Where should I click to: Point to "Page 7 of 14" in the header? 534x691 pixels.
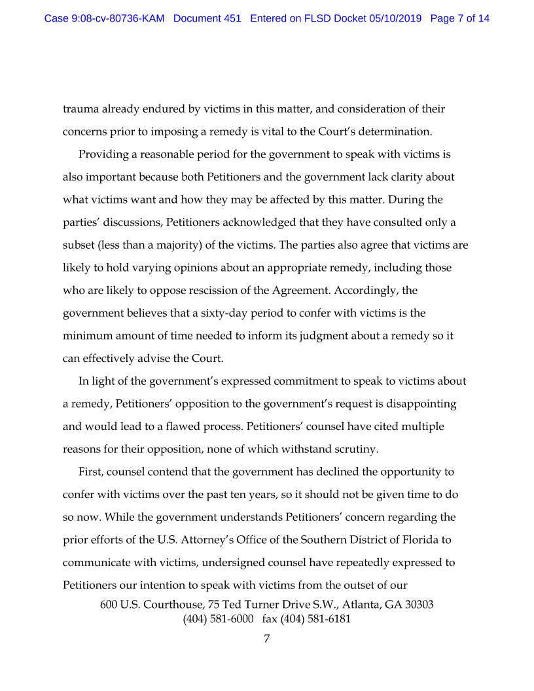(460, 18)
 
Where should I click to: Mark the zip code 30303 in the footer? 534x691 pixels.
(419, 605)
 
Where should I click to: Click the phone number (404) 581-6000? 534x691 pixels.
(218, 619)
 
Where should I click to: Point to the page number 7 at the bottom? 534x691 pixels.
(266, 639)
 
